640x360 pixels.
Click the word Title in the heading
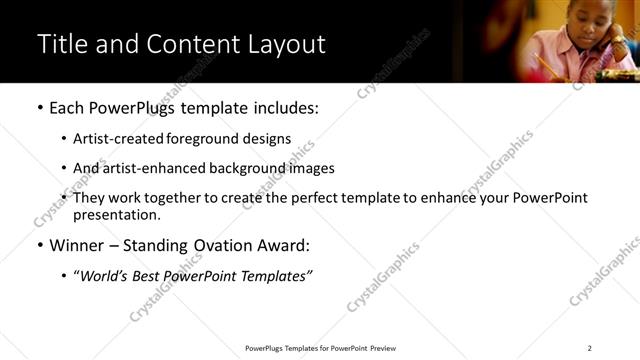[x=62, y=45]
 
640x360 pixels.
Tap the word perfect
[x=330, y=198]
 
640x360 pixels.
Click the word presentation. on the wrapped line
[x=117, y=214]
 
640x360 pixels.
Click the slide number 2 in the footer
[x=589, y=348]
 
